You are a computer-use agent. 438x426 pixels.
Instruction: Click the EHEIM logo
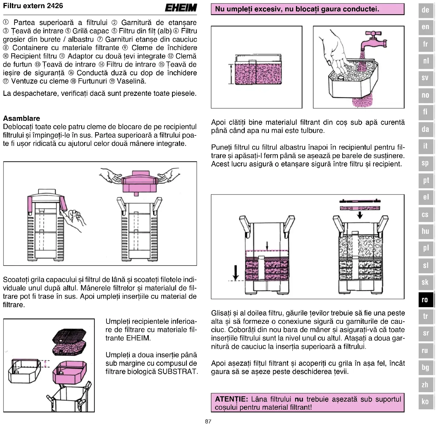click(181, 8)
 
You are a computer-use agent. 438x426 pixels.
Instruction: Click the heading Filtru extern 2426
click(33, 6)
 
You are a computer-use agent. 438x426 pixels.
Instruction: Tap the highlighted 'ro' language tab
click(425, 299)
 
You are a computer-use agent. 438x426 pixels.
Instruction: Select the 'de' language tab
click(425, 10)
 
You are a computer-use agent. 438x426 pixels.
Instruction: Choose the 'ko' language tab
click(425, 402)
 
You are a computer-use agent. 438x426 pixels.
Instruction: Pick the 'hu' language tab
click(425, 231)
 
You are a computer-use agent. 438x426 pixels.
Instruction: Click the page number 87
click(208, 421)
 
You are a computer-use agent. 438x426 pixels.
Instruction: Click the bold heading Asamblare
click(22, 118)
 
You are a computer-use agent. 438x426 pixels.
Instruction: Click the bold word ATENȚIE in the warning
click(231, 399)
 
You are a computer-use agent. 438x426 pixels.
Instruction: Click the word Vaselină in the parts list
click(131, 81)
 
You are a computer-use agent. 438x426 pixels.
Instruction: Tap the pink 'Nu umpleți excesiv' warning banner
click(307, 9)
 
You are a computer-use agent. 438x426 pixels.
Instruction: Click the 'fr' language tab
click(425, 44)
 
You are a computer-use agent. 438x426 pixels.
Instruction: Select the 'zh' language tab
click(425, 384)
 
